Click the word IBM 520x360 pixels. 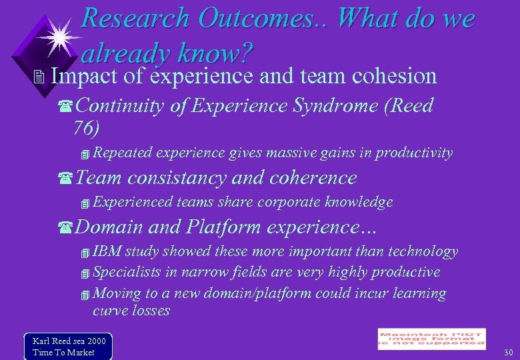103,251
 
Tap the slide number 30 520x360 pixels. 509,352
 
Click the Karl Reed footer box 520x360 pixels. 68,345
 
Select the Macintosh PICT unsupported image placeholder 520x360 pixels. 431,339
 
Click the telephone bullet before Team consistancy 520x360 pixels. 65,179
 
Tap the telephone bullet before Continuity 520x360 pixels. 65,106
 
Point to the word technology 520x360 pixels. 423,251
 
